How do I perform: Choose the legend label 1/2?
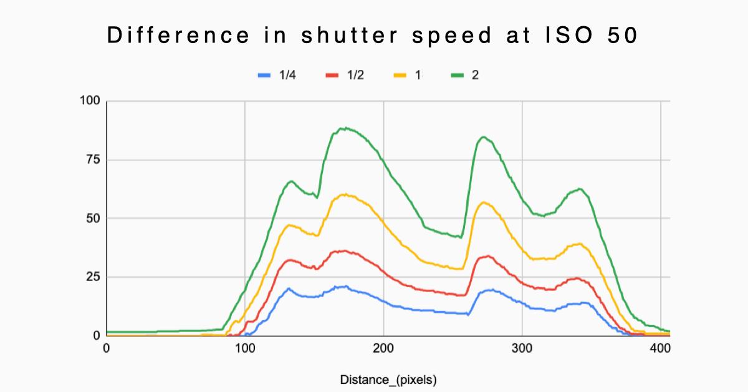point(355,75)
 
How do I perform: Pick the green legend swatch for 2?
point(458,75)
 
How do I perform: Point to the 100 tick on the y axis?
point(90,101)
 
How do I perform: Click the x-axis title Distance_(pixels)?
point(388,380)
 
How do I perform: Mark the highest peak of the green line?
point(343,128)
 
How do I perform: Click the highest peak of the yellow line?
point(345,194)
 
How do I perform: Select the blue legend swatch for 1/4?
point(264,75)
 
